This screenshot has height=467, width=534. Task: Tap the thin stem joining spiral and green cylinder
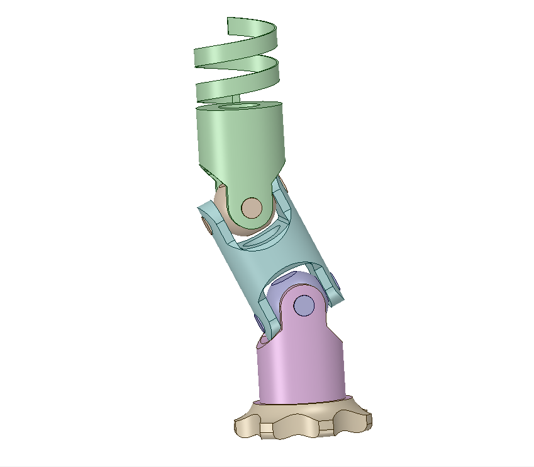tap(236, 99)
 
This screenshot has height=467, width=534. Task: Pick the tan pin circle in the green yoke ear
tap(252, 207)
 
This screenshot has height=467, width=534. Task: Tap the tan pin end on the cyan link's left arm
tap(206, 224)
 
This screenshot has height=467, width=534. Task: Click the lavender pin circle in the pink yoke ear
tap(304, 305)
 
